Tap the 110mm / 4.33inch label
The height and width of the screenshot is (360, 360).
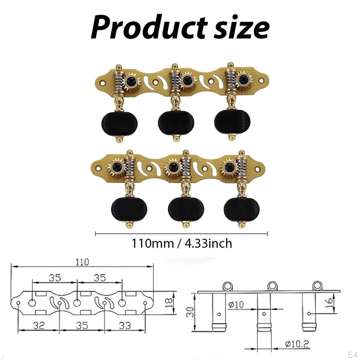[181, 243]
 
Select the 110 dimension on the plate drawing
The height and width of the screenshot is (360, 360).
[82, 262]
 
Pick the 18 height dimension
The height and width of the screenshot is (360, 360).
[169, 301]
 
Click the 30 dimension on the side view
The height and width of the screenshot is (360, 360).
[190, 311]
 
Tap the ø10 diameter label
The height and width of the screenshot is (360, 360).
[236, 304]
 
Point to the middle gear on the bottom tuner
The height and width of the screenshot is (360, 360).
[173, 167]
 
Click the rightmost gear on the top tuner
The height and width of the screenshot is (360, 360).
[244, 80]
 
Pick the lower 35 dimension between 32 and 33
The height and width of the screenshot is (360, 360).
[82, 326]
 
